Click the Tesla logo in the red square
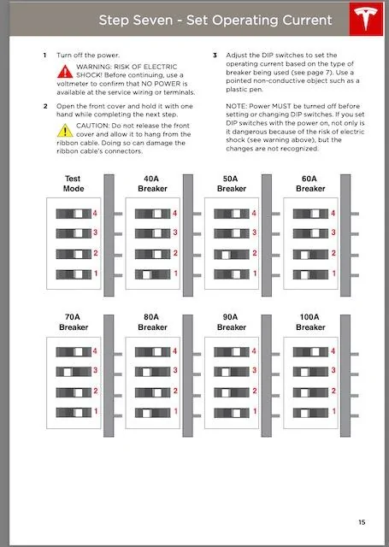365,19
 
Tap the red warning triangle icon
65,72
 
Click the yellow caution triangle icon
65,131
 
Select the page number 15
362,522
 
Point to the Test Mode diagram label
74,184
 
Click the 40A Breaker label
152,184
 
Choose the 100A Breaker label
310,322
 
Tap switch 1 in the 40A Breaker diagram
153,274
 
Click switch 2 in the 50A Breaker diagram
232,255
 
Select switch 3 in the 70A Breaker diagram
74,372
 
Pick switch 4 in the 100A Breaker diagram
310,351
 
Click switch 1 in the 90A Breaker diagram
232,413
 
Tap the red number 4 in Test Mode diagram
95,213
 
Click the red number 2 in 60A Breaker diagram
333,253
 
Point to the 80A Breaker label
152,322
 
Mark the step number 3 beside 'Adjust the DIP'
215,55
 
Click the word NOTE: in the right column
236,106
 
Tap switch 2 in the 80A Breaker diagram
153,393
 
